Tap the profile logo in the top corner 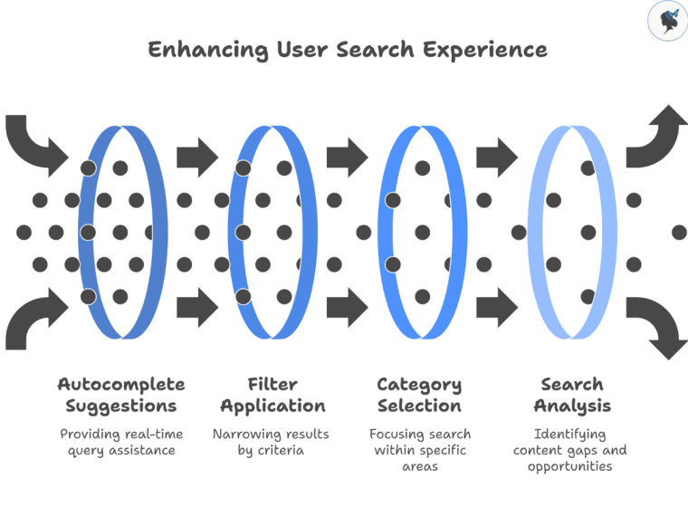click(x=667, y=21)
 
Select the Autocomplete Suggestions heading click(x=120, y=395)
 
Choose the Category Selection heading click(x=419, y=395)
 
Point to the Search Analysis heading click(x=571, y=395)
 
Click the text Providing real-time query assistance click(x=120, y=442)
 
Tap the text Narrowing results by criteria click(x=272, y=442)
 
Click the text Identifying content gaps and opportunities click(x=571, y=450)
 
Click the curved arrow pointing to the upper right click(x=655, y=136)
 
